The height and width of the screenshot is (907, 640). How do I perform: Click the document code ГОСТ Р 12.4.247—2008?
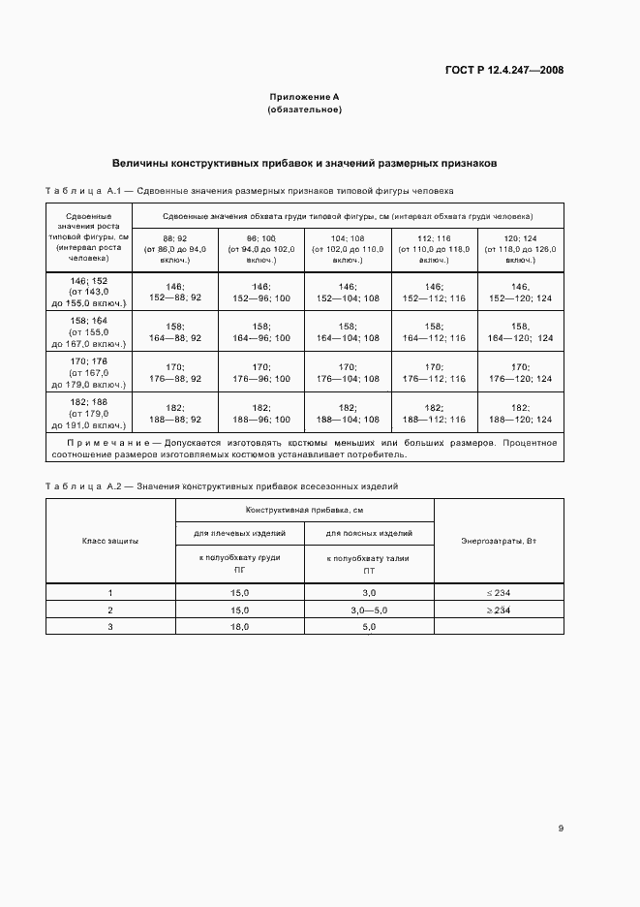click(x=504, y=70)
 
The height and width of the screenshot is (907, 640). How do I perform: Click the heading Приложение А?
click(x=304, y=97)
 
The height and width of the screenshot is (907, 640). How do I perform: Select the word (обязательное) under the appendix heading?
click(x=304, y=109)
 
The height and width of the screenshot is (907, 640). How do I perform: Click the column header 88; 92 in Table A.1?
click(x=175, y=237)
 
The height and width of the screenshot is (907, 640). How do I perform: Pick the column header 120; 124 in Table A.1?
click(x=519, y=237)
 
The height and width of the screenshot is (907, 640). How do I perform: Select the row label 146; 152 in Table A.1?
click(x=88, y=280)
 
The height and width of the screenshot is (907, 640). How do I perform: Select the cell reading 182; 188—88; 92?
click(x=175, y=414)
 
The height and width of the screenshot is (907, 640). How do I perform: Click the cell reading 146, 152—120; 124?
click(x=519, y=292)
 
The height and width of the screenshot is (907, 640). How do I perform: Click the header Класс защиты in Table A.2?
click(x=110, y=540)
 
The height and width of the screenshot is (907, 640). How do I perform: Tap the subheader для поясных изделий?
click(x=369, y=532)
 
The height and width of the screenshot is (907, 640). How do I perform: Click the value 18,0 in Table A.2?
click(x=239, y=627)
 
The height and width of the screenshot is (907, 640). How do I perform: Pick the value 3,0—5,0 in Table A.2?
click(x=369, y=610)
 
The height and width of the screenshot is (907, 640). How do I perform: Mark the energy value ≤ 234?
click(x=498, y=592)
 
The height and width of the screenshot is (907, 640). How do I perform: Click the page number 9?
click(x=561, y=828)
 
